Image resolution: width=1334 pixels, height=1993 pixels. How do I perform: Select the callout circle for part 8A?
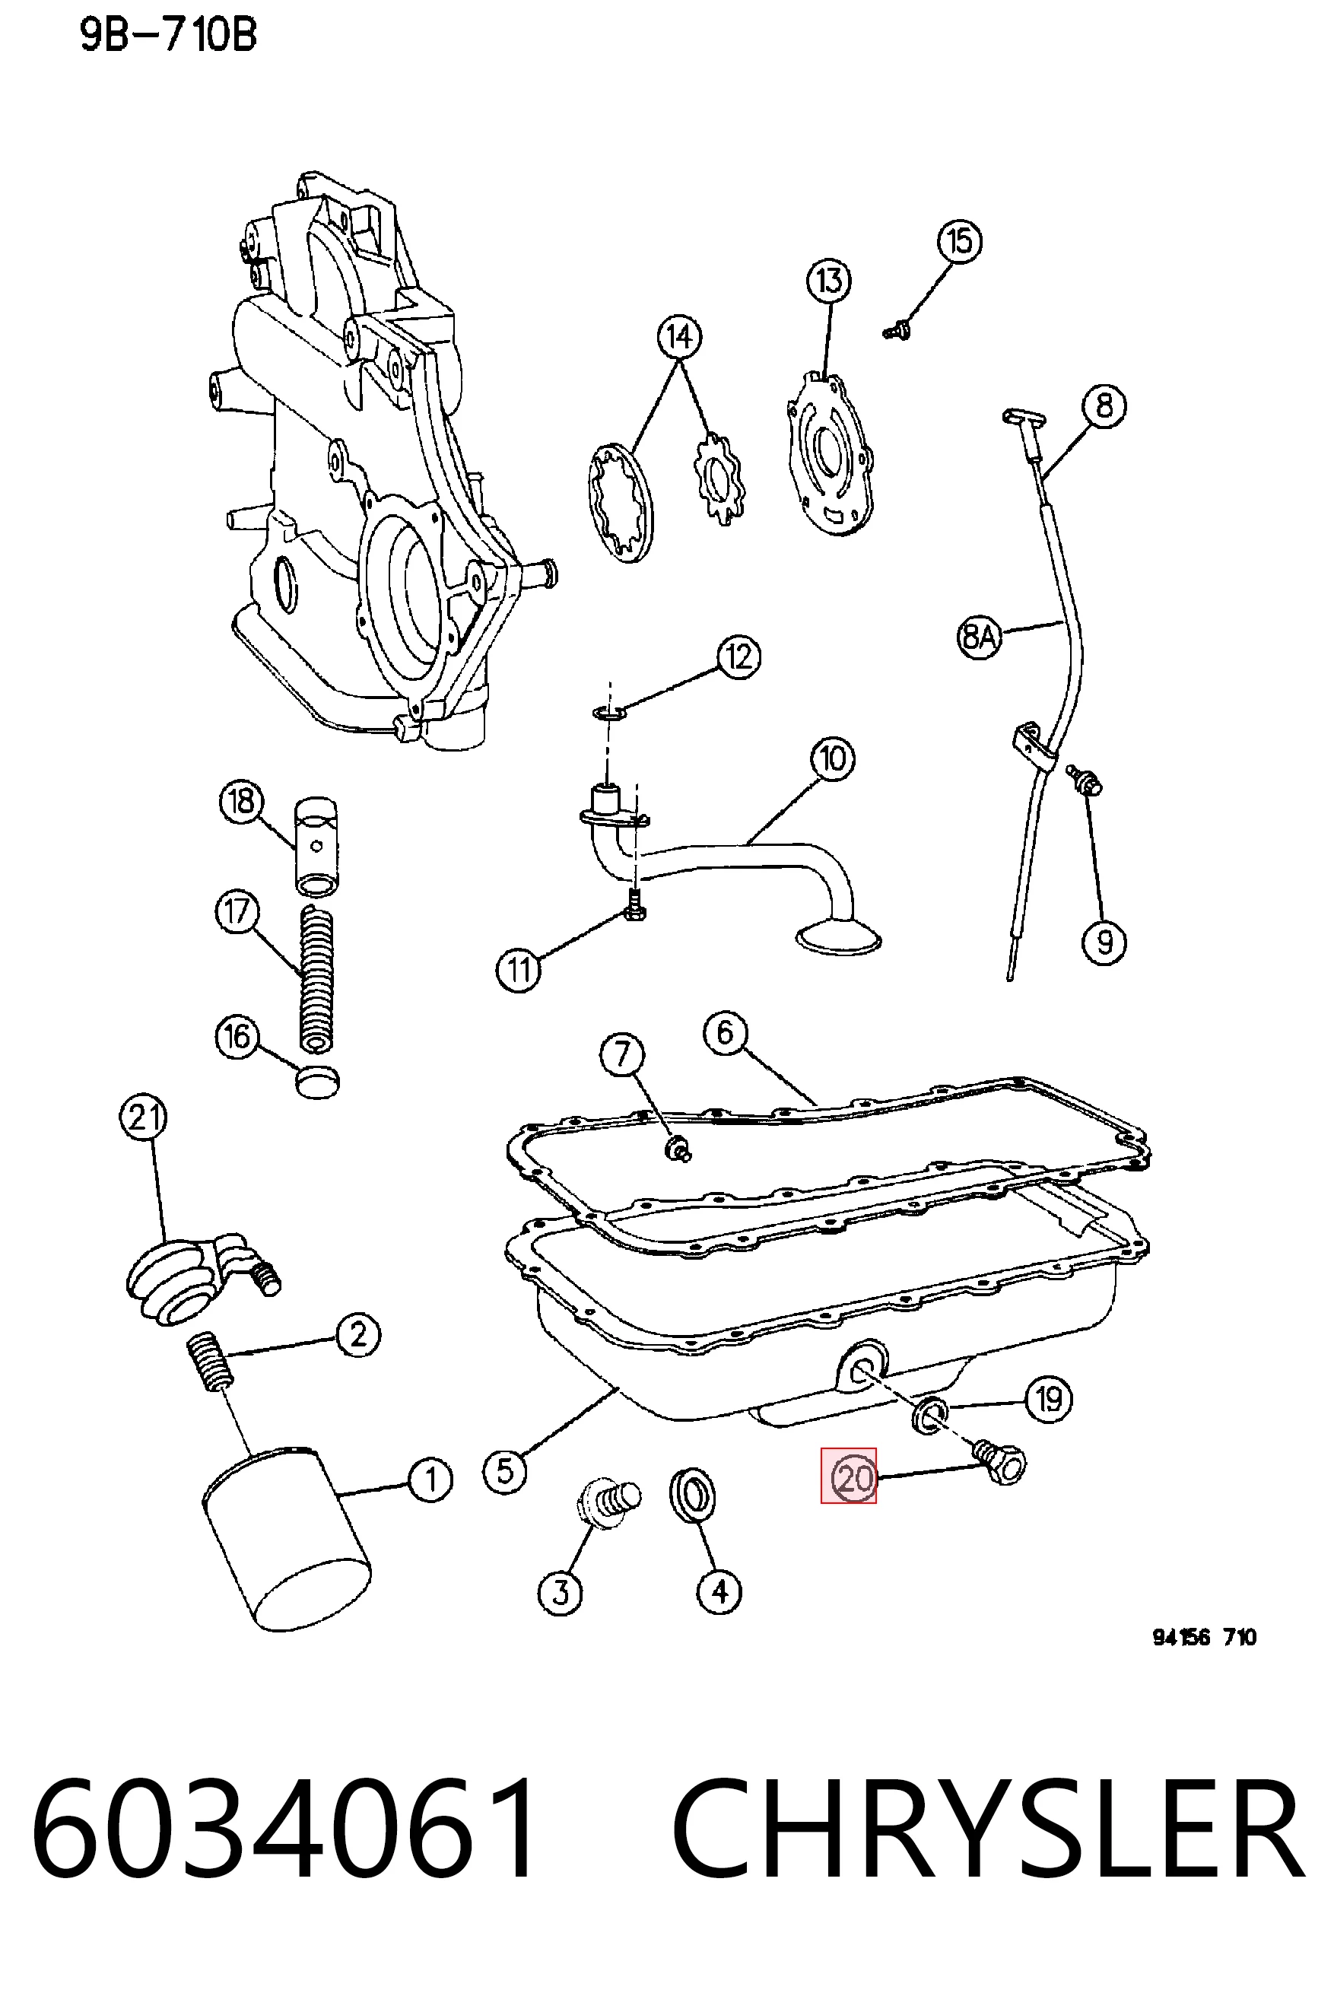980,636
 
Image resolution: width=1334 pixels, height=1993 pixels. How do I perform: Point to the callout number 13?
829,281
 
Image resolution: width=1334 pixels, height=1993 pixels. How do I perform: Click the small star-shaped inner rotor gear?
719,478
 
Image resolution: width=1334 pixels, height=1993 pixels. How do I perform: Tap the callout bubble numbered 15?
960,241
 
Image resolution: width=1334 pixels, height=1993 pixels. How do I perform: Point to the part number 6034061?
284,1826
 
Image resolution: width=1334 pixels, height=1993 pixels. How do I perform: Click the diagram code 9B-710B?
168,37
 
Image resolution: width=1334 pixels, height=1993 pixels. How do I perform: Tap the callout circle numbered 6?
725,1033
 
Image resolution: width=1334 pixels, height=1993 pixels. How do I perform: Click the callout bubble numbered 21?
143,1117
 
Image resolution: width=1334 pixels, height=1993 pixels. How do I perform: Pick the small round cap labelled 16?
316,1081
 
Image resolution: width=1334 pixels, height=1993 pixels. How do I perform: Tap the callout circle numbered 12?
738,657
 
